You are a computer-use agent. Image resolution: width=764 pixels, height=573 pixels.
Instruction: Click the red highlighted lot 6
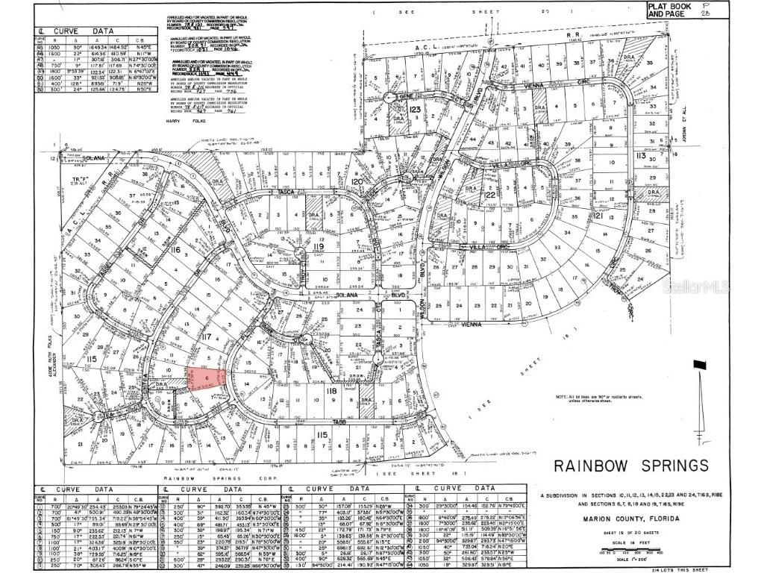[206, 378]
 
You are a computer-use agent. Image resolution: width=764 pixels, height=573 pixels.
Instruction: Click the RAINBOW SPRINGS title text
[630, 466]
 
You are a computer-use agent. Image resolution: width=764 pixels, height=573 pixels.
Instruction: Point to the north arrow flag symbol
[699, 366]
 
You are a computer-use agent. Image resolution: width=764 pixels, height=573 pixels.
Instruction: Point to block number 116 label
[175, 250]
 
